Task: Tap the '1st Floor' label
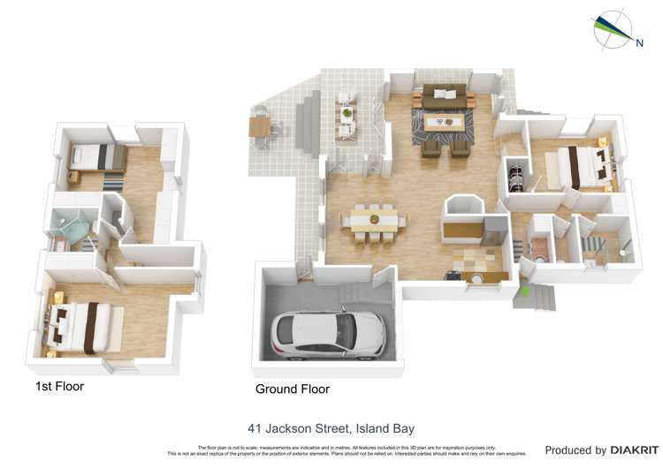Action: [x=59, y=386]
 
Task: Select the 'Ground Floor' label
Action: [x=292, y=389]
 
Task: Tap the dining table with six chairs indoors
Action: [x=374, y=219]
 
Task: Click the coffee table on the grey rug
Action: [x=444, y=123]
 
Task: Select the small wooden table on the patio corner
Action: [x=259, y=126]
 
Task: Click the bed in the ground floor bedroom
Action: [x=581, y=165]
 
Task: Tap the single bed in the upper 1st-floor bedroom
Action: [x=95, y=157]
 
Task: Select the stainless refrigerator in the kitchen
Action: [x=495, y=231]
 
